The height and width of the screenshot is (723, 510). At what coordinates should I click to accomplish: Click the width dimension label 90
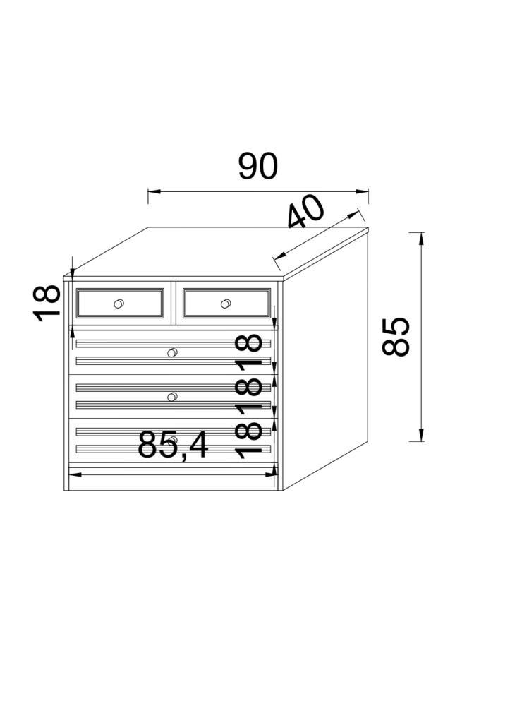(x=258, y=166)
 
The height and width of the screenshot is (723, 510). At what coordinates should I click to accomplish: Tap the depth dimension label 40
(x=305, y=212)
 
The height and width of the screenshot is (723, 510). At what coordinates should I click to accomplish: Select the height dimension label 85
(x=396, y=337)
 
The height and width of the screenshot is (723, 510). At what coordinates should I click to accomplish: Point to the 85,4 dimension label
(x=173, y=446)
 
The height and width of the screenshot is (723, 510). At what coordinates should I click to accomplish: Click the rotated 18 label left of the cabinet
(x=47, y=303)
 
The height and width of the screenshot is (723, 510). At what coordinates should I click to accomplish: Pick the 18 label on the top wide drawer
(x=248, y=350)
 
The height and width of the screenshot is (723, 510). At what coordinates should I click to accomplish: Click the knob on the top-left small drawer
(x=119, y=304)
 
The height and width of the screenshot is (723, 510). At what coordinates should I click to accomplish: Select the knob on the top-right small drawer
(x=226, y=304)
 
